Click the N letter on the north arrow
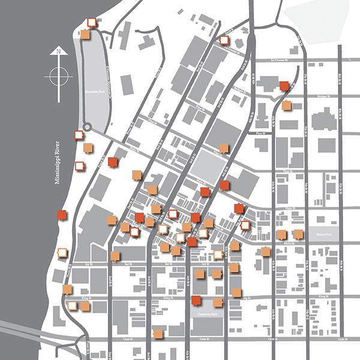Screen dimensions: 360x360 (58, 52)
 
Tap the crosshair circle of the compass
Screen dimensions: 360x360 (58, 76)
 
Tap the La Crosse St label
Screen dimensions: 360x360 (278, 59)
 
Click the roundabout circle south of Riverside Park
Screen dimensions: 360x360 (88, 127)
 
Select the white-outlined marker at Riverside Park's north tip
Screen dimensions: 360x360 (91, 23)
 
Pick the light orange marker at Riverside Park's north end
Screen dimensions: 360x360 (85, 34)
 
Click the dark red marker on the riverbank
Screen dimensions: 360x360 (61, 214)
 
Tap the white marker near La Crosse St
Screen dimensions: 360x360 (224, 40)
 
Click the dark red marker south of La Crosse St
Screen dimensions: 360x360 (284, 86)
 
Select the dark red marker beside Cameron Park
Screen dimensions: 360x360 (196, 300)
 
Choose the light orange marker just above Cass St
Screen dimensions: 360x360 (158, 333)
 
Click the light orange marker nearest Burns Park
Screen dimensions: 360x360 (298, 234)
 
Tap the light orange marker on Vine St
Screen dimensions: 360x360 (224, 148)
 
